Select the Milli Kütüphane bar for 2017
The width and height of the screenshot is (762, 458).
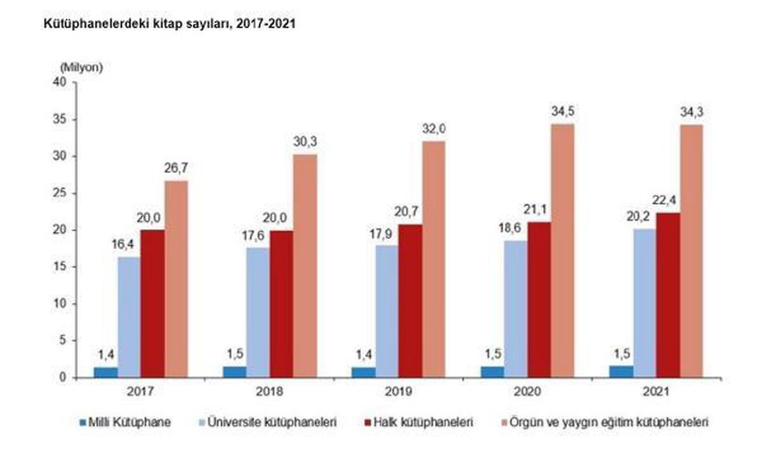pyautogui.click(x=106, y=372)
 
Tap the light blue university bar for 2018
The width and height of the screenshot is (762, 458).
pyautogui.click(x=258, y=313)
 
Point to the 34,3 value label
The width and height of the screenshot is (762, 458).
pyautogui.click(x=692, y=113)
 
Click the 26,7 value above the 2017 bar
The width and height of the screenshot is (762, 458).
pyautogui.click(x=177, y=169)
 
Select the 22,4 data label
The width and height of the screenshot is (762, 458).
pyautogui.click(x=667, y=201)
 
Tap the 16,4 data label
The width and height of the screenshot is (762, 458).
pyautogui.click(x=129, y=245)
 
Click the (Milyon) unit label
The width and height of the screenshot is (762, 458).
pyautogui.click(x=81, y=67)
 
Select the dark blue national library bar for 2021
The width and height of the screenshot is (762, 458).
pyautogui.click(x=621, y=372)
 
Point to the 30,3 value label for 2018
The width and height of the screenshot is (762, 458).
pyautogui.click(x=305, y=143)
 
